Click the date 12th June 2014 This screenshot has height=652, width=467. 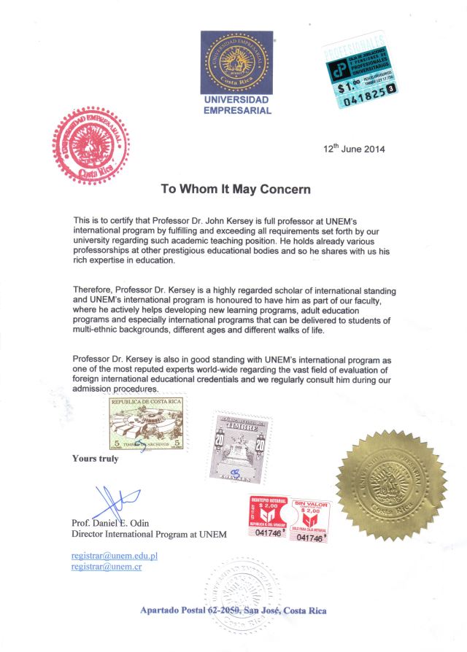pyautogui.click(x=354, y=149)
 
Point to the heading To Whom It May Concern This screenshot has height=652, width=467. pyautogui.click(x=236, y=188)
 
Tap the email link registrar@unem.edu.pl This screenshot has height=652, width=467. pyautogui.click(x=115, y=556)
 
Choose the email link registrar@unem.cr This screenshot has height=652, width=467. pyautogui.click(x=106, y=567)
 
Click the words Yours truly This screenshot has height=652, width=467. pyautogui.click(x=95, y=459)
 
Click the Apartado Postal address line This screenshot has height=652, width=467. pyautogui.click(x=233, y=610)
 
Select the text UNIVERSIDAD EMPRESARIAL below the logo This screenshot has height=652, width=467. pyautogui.click(x=236, y=105)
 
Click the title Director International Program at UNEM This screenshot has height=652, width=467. pyautogui.click(x=149, y=535)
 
